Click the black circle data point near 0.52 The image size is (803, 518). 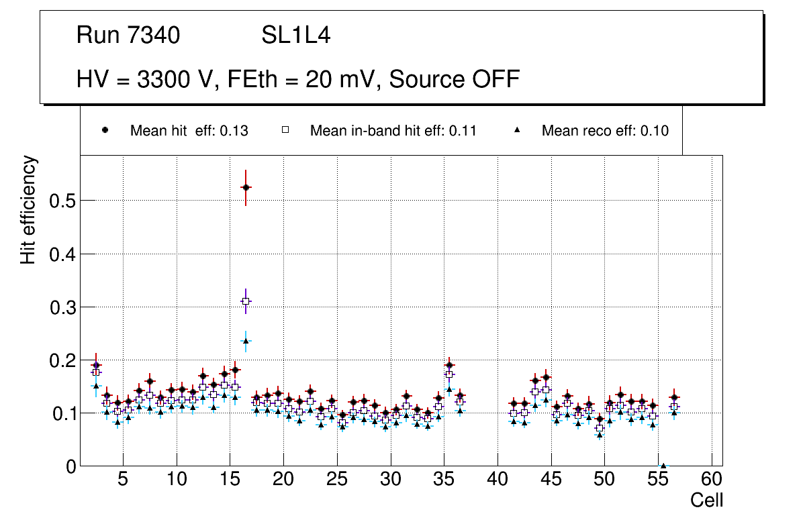pyautogui.click(x=246, y=187)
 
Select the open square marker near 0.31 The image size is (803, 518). pyautogui.click(x=246, y=302)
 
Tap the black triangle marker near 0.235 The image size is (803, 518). pyautogui.click(x=246, y=341)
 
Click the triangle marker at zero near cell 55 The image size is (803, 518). pyautogui.click(x=663, y=466)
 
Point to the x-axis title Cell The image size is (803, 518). pyautogui.click(x=707, y=501)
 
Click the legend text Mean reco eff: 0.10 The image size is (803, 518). pyautogui.click(x=605, y=131)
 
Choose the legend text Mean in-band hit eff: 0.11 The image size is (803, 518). pyautogui.click(x=393, y=131)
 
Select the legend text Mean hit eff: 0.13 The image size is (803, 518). pyautogui.click(x=189, y=131)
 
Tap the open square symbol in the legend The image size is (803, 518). pyautogui.click(x=285, y=130)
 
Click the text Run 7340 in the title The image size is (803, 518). pyautogui.click(x=128, y=36)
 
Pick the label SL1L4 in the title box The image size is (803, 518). pyautogui.click(x=295, y=36)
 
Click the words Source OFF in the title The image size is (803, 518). pyautogui.click(x=455, y=79)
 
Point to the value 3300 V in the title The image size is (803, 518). pyautogui.click(x=177, y=79)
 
